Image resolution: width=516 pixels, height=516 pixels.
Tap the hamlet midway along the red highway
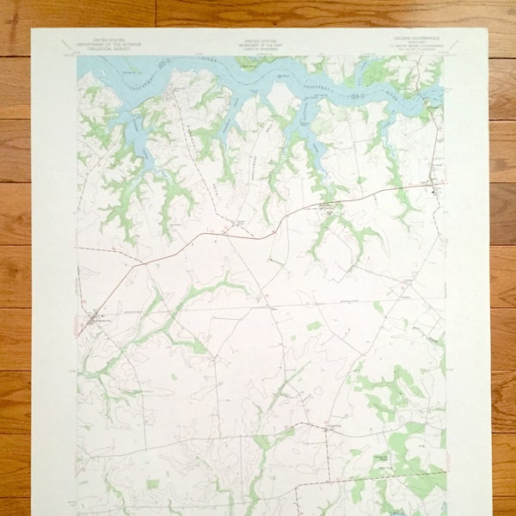point(326,206)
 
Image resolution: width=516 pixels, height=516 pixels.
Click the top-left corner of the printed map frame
point(77,57)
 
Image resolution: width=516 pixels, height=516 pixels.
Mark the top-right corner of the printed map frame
point(444,57)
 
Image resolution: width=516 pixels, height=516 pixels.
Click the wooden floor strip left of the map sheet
point(15,258)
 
